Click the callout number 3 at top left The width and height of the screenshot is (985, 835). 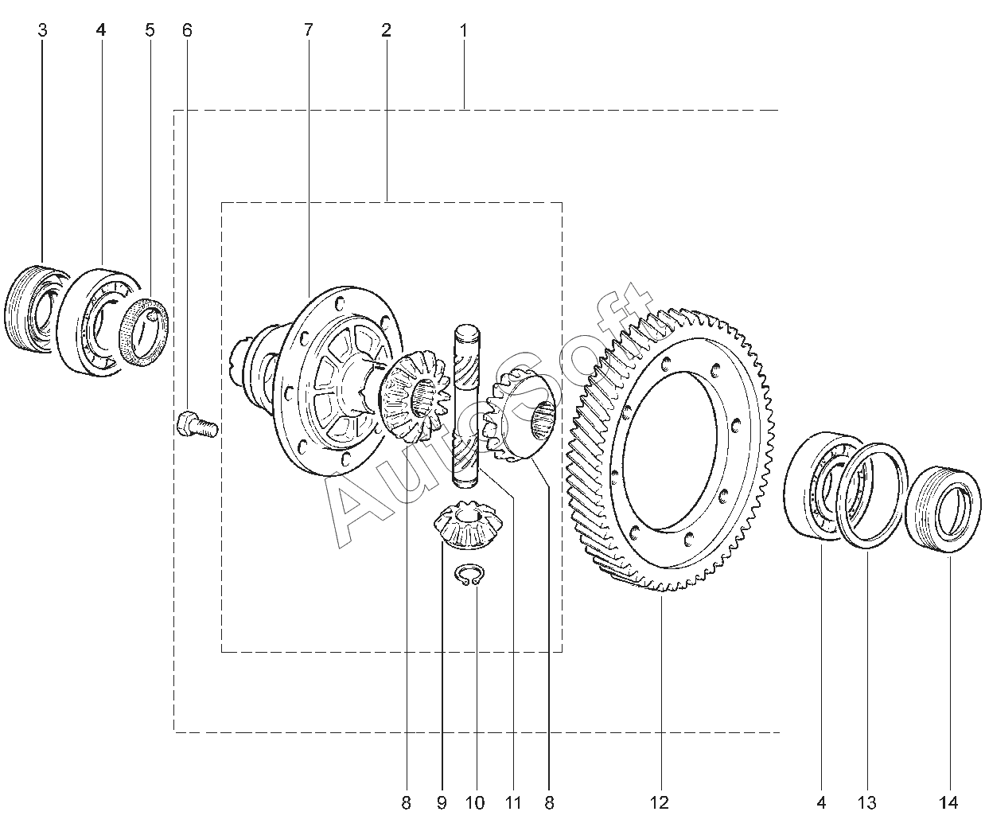point(42,30)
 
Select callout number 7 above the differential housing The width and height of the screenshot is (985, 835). point(309,30)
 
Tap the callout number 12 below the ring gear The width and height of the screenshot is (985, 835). point(660,803)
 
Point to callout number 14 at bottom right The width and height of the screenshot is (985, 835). point(948,803)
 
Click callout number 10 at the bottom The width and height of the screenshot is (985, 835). point(475,803)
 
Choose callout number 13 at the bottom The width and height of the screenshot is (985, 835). point(866,803)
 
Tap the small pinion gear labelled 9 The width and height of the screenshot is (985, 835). point(469,524)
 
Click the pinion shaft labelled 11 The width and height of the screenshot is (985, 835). point(465,406)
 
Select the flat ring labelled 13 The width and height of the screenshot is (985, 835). point(872,496)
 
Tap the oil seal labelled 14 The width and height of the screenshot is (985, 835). point(943,511)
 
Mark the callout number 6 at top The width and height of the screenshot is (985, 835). point(187,30)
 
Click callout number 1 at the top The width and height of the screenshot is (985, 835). point(463,30)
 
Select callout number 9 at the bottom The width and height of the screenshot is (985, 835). point(442,803)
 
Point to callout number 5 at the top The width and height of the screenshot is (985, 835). point(150,30)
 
